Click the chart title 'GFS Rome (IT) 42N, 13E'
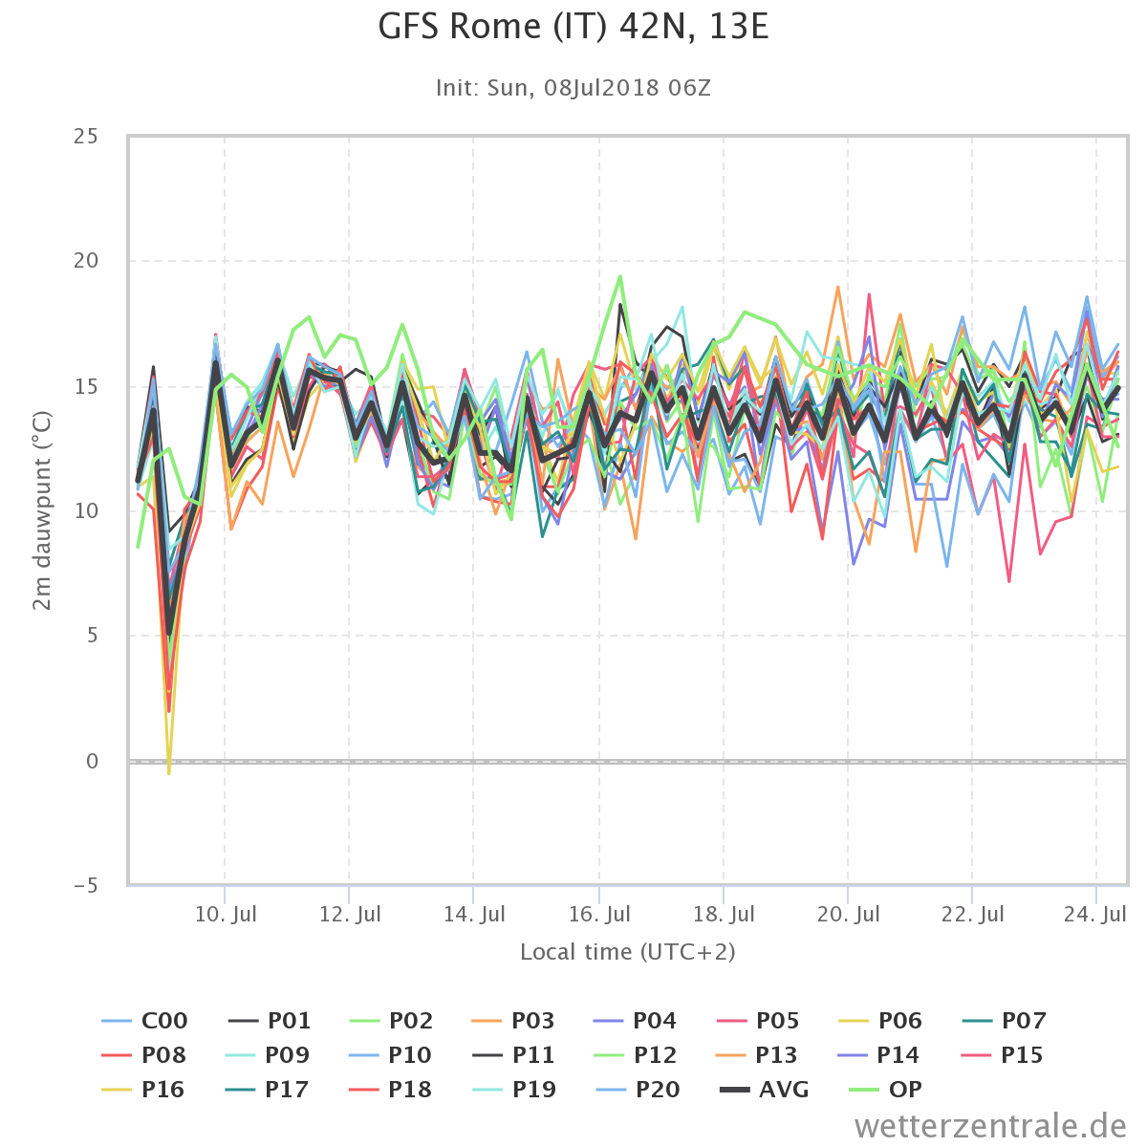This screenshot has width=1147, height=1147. pos(573,28)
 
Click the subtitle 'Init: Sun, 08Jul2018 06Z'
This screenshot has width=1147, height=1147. pos(573,88)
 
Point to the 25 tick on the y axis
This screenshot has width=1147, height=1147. pos(86,137)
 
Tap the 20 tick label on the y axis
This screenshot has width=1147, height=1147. pos(86,260)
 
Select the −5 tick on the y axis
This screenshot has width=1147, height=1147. pos(86,886)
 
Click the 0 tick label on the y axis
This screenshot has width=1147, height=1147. pos(92,761)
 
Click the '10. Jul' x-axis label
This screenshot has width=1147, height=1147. pos(226,914)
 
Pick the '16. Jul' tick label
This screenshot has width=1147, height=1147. pos(599,914)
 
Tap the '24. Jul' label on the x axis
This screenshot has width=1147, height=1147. pos(1095,914)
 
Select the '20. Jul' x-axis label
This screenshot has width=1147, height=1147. pos(848,914)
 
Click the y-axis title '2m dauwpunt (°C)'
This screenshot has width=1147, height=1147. pos(42,510)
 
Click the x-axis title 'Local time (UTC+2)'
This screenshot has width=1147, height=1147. pos(628,952)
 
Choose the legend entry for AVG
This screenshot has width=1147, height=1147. pos(765,1090)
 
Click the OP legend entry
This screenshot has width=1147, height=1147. pos(885,1090)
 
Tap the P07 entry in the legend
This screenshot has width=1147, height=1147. pos(1005,1020)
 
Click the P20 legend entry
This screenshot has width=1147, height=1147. pos(638,1090)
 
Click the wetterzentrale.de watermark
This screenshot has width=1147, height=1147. pos(990,1126)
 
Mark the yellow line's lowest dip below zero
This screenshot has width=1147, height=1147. pos(169,773)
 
